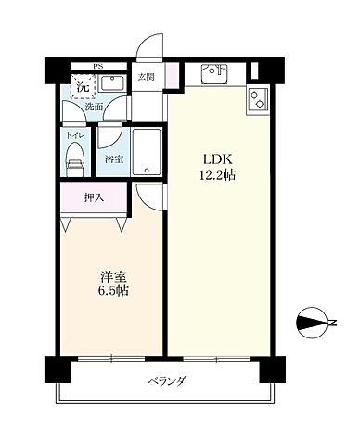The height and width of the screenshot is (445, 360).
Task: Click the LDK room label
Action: pyautogui.click(x=215, y=158)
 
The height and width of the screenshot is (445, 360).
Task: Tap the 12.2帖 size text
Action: pyautogui.click(x=215, y=173)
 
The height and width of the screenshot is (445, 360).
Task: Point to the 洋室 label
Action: pyautogui.click(x=113, y=275)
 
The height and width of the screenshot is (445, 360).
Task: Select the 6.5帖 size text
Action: pyautogui.click(x=113, y=291)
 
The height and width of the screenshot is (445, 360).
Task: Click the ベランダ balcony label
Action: pyautogui.click(x=167, y=380)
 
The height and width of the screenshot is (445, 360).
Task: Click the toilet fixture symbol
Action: pyautogui.click(x=74, y=159)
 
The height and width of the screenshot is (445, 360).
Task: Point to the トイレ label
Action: pyautogui.click(x=74, y=134)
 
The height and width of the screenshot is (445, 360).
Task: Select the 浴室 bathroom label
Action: pyautogui.click(x=115, y=159)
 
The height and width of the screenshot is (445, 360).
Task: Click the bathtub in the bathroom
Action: pyautogui.click(x=148, y=151)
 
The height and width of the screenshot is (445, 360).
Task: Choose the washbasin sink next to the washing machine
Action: pyautogui.click(x=115, y=85)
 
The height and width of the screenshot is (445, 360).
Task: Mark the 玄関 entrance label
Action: pyautogui.click(x=146, y=77)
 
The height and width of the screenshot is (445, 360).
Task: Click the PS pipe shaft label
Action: pyautogui.click(x=96, y=67)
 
